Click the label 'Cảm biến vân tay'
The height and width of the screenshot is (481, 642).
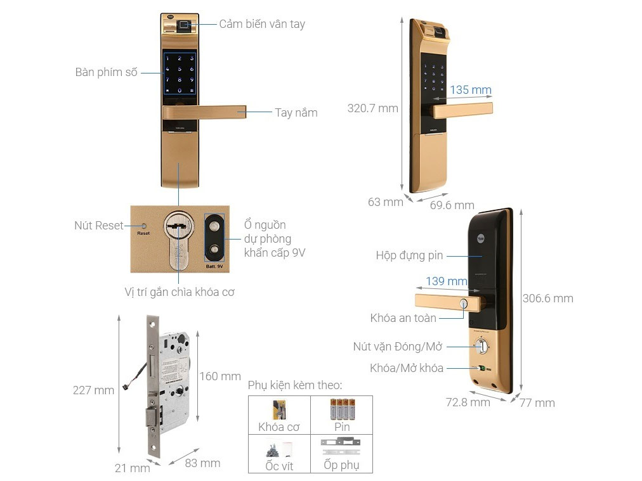coord(262,24)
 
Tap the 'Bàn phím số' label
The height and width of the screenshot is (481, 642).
coord(106,72)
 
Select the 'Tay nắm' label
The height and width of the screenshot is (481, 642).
coord(296,113)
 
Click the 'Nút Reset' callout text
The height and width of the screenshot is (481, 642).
coord(98,226)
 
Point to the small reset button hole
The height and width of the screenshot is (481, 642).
coord(144,226)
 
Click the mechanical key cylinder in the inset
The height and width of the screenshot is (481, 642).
coord(178,238)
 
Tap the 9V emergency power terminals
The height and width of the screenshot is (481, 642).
coord(215,237)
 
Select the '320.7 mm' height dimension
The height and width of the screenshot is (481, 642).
coord(372,108)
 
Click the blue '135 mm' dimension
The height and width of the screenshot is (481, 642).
coord(471,90)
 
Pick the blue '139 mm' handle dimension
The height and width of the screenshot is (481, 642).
coord(446,281)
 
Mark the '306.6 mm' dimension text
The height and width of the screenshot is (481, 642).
coord(547,298)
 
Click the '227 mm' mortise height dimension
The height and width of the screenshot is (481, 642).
coord(93,390)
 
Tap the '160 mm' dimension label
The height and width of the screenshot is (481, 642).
coord(220,376)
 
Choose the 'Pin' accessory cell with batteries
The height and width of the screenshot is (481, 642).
coord(342,414)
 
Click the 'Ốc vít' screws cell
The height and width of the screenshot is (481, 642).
coord(279,454)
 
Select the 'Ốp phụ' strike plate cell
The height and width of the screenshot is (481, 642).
coord(341,454)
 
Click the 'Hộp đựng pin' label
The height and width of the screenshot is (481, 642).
coord(409,256)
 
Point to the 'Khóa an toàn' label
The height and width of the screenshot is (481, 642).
coord(403,318)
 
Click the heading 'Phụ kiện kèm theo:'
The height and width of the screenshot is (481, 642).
coord(295,385)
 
